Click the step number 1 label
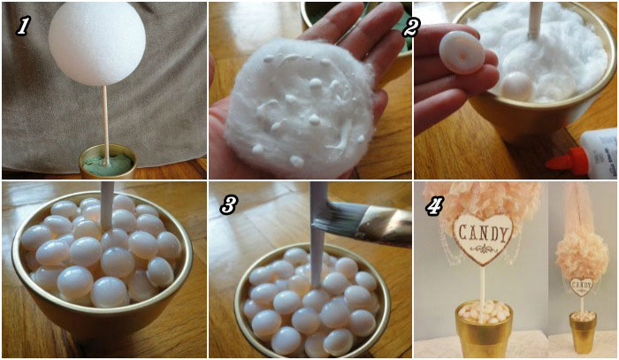23,26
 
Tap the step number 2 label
410,27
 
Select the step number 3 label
228,205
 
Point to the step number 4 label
433,206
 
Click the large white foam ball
97,42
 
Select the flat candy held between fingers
462,52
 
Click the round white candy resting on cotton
516,86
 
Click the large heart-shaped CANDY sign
483,238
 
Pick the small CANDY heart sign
582,287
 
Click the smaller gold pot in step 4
583,332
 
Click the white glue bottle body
600,151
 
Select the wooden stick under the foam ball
105,125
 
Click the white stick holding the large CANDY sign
482,285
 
